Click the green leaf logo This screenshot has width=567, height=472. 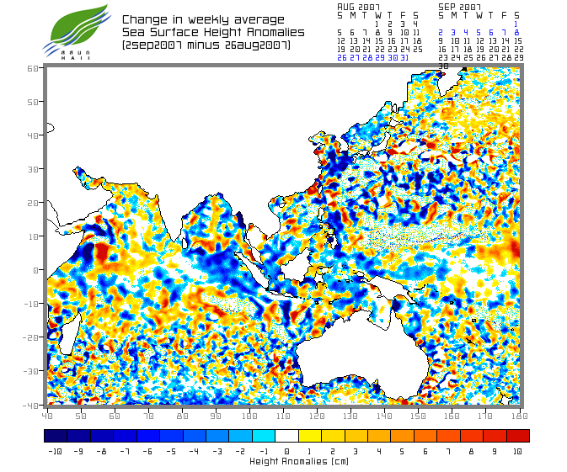pos(78,25)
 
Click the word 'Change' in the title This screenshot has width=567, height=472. pos(144,19)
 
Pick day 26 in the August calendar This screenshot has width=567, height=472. pos(341,57)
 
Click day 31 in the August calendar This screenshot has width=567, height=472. pos(404,57)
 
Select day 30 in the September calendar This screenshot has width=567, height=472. pos(443,66)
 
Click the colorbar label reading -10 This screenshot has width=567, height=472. pos(55,452)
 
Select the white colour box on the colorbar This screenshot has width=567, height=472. pos(286,436)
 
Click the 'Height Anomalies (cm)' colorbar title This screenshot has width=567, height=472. pos(286,461)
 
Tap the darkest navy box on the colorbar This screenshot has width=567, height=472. pos(55,436)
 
